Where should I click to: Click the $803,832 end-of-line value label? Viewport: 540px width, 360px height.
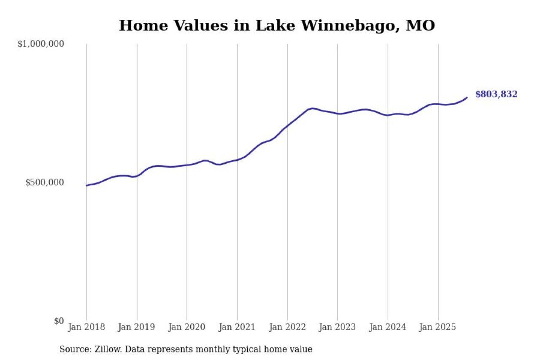tap(496, 95)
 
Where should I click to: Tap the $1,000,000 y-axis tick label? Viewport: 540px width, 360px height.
tap(40, 44)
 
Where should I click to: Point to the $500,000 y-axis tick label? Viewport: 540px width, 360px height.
tap(44, 183)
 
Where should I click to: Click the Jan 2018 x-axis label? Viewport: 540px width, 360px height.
tap(86, 328)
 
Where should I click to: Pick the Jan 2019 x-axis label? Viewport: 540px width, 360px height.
tap(137, 328)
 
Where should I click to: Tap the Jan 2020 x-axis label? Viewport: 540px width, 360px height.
tap(187, 328)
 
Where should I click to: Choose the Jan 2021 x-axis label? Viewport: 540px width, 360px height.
tap(237, 328)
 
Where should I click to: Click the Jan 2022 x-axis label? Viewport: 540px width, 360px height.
tap(287, 328)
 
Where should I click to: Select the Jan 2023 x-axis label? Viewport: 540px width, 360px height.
tap(337, 328)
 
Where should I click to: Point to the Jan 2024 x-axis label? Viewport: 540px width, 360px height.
tap(388, 328)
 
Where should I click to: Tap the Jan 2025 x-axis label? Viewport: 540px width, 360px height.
tap(438, 328)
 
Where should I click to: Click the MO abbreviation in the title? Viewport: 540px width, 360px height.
tap(420, 26)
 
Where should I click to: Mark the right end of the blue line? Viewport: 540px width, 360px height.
tap(467, 97)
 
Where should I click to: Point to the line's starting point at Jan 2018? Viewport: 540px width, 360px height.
tap(86, 186)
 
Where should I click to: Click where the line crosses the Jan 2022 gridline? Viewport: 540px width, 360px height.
tap(287, 126)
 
